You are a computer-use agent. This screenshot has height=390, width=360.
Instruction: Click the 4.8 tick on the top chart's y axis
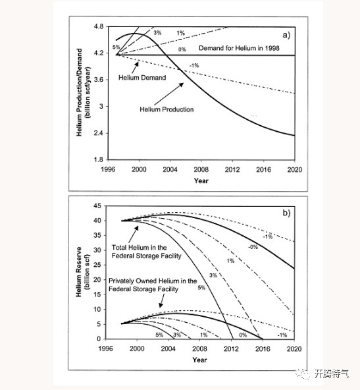pyautogui.click(x=98, y=26)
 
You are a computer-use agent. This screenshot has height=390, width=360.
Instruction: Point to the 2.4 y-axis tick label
pyautogui.click(x=98, y=133)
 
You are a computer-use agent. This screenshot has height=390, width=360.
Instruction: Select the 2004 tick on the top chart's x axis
pyautogui.click(x=170, y=169)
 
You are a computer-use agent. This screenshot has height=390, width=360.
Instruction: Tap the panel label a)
pyautogui.click(x=286, y=35)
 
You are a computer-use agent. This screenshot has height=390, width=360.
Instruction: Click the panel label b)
pyautogui.click(x=286, y=213)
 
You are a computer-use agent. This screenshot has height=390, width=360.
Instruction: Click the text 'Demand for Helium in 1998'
pyautogui.click(x=239, y=48)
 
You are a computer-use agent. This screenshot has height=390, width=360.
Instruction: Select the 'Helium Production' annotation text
pyautogui.click(x=167, y=109)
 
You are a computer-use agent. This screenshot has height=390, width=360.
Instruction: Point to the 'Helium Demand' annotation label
pyautogui.click(x=142, y=78)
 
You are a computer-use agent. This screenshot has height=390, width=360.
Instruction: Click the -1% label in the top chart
pyautogui.click(x=194, y=65)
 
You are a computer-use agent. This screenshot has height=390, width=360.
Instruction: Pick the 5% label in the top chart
pyautogui.click(x=116, y=47)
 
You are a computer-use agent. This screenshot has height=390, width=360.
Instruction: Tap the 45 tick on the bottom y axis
pyautogui.click(x=97, y=206)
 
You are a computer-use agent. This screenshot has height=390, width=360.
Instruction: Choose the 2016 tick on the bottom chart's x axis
pyautogui.click(x=263, y=348)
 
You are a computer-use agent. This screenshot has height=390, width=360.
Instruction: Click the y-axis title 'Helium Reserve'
pyautogui.click(x=79, y=272)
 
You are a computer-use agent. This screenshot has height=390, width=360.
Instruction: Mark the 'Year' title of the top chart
pyautogui.click(x=201, y=181)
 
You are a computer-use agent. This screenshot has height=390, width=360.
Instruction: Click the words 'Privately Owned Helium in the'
pyautogui.click(x=153, y=281)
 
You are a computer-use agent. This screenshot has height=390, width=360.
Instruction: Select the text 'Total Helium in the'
pyautogui.click(x=139, y=248)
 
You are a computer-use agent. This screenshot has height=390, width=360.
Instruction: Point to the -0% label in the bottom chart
pyautogui.click(x=253, y=247)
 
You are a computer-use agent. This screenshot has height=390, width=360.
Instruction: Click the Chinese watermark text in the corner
pyautogui.click(x=331, y=374)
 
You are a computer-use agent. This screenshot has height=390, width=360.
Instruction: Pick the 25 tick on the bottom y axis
pyautogui.click(x=97, y=265)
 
